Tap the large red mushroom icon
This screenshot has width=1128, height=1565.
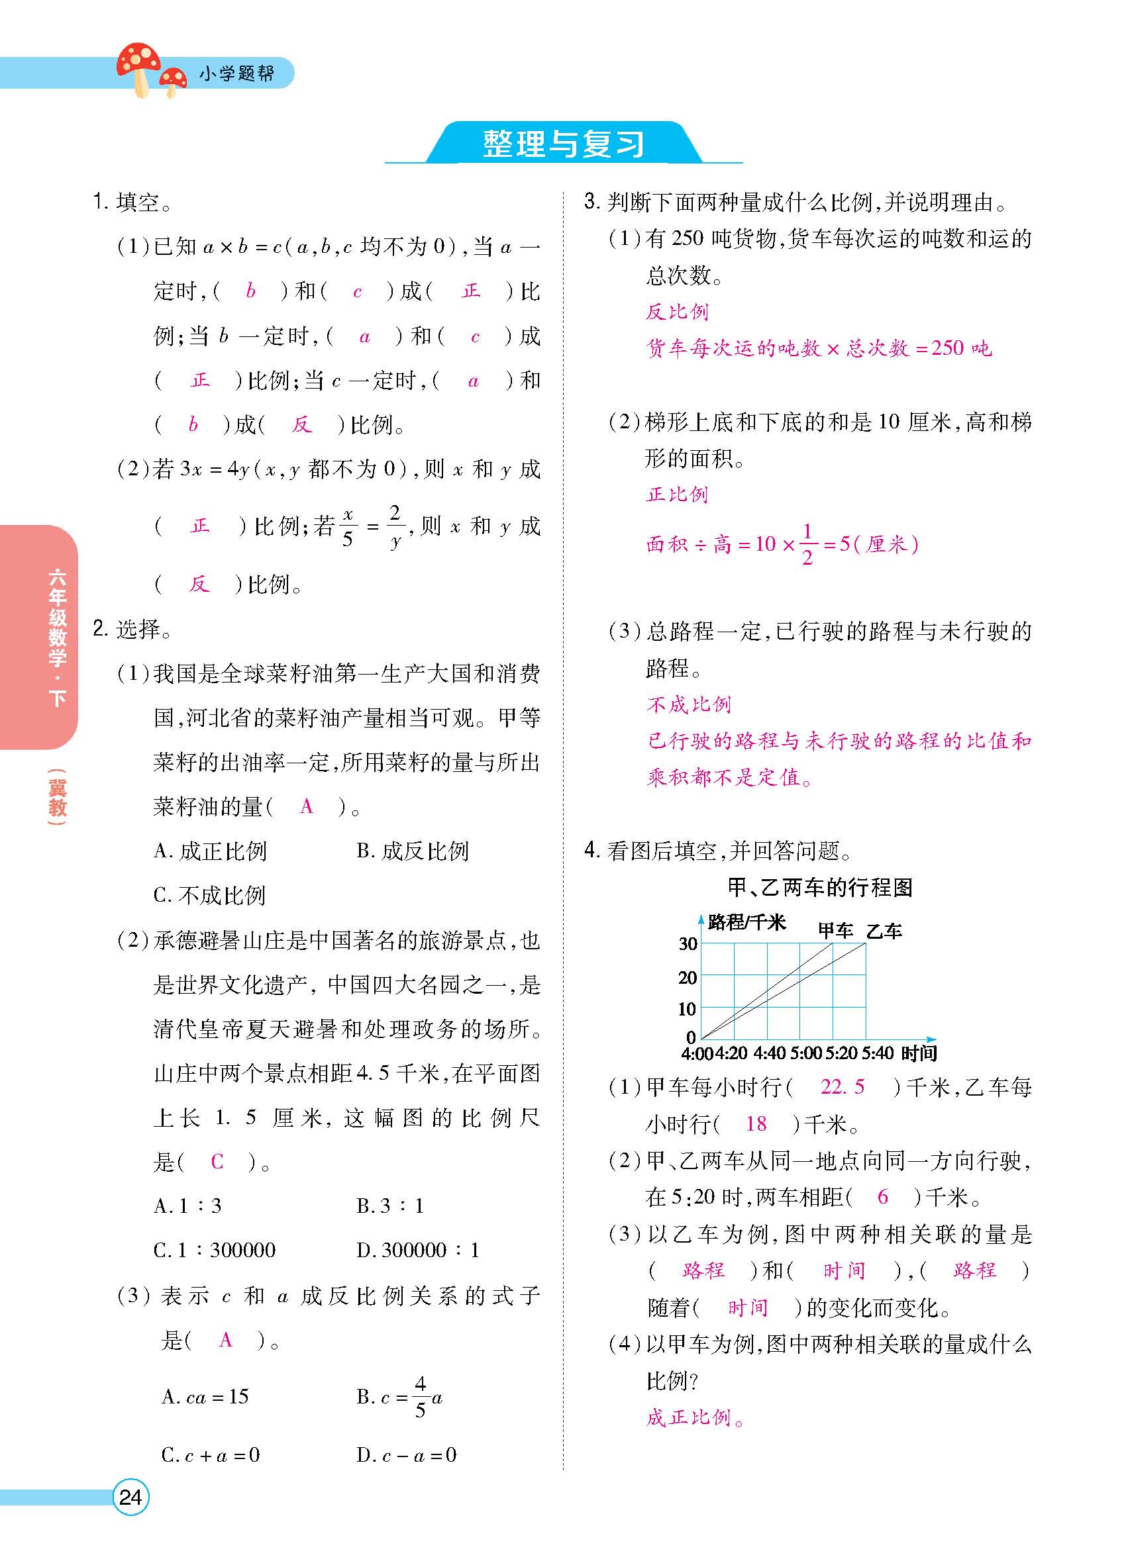(x=138, y=66)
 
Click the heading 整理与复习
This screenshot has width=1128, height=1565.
(x=563, y=144)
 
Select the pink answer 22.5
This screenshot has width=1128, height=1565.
(x=841, y=1087)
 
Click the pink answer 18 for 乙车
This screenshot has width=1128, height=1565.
(x=756, y=1124)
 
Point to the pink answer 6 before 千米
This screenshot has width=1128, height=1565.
(x=882, y=1196)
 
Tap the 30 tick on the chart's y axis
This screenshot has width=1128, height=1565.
(x=688, y=943)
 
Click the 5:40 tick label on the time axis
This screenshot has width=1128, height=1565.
(x=877, y=1053)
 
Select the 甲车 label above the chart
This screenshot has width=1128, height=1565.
(x=835, y=931)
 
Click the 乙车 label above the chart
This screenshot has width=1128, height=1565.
(x=884, y=931)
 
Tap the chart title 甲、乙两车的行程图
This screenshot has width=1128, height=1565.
(x=820, y=887)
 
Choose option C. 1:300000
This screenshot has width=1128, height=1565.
(x=215, y=1250)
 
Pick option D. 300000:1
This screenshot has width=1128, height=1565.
(x=418, y=1250)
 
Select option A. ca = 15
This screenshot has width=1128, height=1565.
(x=205, y=1397)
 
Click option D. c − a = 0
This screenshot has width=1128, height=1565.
(x=407, y=1455)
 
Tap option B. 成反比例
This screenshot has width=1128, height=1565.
(x=413, y=851)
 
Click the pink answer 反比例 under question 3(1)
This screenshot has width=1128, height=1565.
(x=676, y=312)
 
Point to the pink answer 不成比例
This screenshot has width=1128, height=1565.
(x=688, y=704)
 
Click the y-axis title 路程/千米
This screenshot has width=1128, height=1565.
(x=747, y=922)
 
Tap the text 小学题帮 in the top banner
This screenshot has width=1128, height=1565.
(x=236, y=73)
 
